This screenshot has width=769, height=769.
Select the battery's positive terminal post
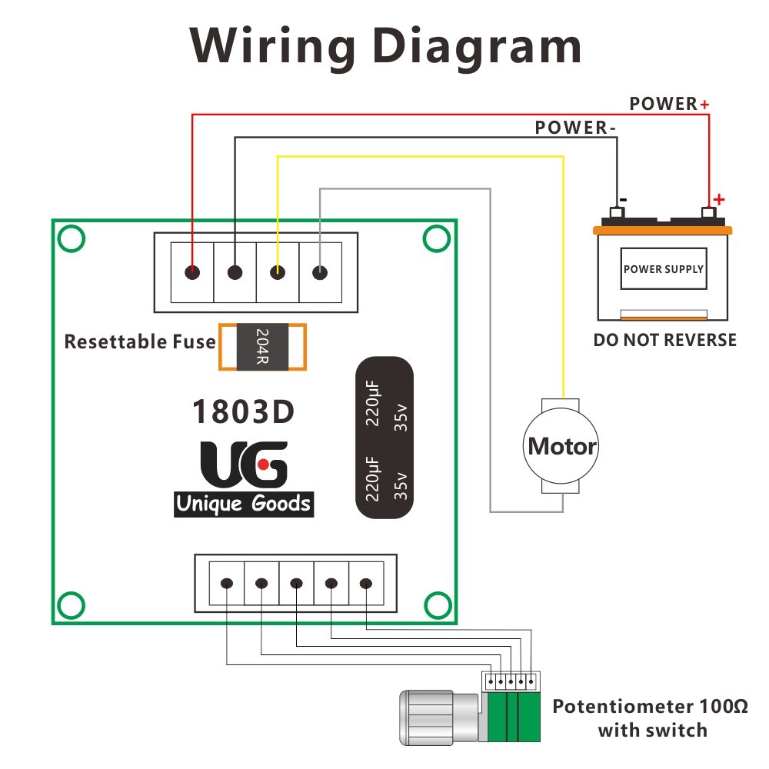(x=709, y=212)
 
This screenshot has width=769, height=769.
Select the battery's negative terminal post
(x=616, y=212)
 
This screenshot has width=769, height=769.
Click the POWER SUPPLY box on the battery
(x=663, y=269)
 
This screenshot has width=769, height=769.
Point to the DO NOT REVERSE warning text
(x=664, y=340)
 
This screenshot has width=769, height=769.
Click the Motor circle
(x=562, y=446)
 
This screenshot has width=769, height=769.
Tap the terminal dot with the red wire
(x=192, y=272)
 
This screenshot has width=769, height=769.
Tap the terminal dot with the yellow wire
(x=278, y=272)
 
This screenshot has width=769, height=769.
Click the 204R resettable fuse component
(x=262, y=347)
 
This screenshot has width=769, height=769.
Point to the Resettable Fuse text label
(x=140, y=341)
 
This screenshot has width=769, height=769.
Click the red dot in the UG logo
(x=263, y=464)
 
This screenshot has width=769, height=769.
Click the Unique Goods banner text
(x=243, y=504)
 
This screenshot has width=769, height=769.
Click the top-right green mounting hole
(x=436, y=239)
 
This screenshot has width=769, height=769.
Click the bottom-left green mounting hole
(x=71, y=604)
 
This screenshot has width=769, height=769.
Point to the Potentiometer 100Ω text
(x=650, y=706)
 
